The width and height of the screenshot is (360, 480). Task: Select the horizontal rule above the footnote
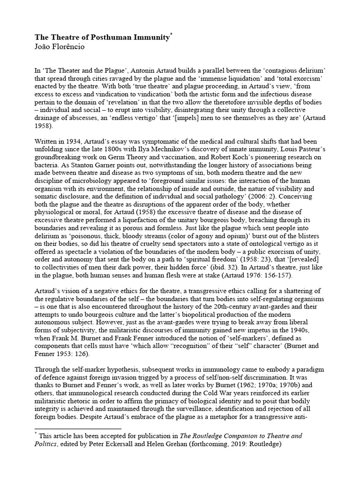point(78,428)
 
